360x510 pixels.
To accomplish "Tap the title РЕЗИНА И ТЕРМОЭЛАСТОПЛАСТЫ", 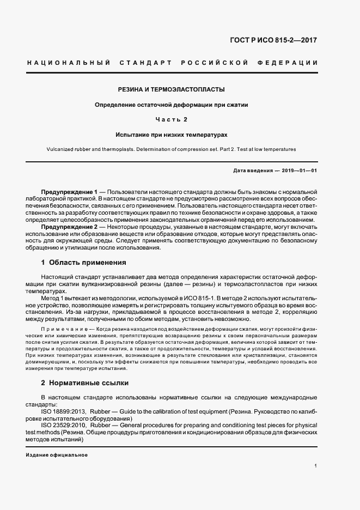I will pos(172,89).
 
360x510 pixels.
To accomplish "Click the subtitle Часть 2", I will pos(172,119).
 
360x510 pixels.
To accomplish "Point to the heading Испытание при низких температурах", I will pos(172,133).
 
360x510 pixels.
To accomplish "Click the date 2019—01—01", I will pos(299,171).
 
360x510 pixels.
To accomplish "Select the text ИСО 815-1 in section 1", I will pos(200,299).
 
